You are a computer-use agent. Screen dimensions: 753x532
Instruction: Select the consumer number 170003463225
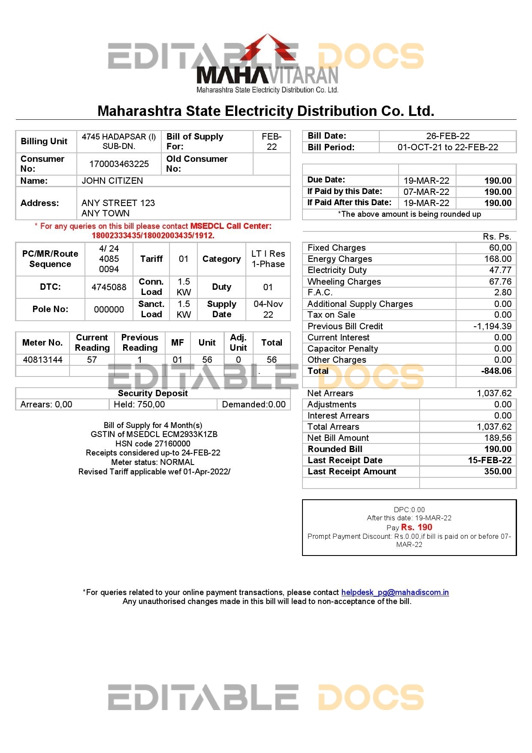pyautogui.click(x=119, y=164)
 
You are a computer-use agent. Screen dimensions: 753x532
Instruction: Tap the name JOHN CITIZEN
pyautogui.click(x=112, y=181)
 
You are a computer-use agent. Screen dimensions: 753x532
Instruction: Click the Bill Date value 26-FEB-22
pyautogui.click(x=447, y=136)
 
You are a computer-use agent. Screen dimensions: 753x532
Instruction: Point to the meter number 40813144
pyautogui.click(x=42, y=360)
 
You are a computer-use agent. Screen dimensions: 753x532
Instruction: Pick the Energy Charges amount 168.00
pyautogui.click(x=498, y=259)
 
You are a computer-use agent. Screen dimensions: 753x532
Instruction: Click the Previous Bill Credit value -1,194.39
pyautogui.click(x=492, y=326)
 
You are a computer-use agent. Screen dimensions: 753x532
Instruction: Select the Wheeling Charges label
pyautogui.click(x=344, y=282)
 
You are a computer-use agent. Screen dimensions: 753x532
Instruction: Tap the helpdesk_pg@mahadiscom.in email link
pyautogui.click(x=395, y=592)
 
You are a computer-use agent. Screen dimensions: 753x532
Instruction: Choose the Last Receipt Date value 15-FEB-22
pyautogui.click(x=490, y=460)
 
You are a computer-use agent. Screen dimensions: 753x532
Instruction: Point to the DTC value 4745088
pyautogui.click(x=109, y=287)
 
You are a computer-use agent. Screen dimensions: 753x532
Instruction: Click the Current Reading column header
pyautogui.click(x=92, y=343)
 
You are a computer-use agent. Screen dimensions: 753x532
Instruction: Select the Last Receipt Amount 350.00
pyautogui.click(x=498, y=471)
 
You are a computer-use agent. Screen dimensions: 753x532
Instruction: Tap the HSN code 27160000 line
pyautogui.click(x=153, y=443)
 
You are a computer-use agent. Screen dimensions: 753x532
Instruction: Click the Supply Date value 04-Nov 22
pyautogui.click(x=268, y=309)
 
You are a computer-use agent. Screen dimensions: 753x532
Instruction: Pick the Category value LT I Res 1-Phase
pyautogui.click(x=268, y=259)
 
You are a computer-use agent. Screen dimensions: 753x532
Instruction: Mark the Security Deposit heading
pyautogui.click(x=153, y=393)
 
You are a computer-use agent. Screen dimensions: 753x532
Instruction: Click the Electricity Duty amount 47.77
pyautogui.click(x=500, y=270)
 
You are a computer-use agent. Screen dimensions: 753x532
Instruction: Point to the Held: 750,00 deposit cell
pyautogui.click(x=139, y=404)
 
